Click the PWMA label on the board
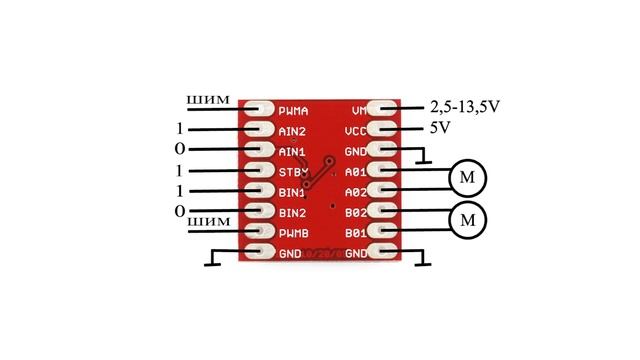coord(293,110)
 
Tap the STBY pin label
coord(292,171)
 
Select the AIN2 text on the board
coord(292,131)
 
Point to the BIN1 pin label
coord(292,192)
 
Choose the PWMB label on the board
coord(292,233)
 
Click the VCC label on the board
coord(355,131)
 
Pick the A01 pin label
coord(355,172)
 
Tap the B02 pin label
coord(355,213)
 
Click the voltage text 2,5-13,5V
coord(464,107)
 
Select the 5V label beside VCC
coord(440,129)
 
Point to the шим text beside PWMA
coord(209,100)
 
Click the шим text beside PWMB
coord(209,221)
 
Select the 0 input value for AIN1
coord(180,150)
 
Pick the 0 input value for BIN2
coord(180,211)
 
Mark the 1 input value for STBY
coord(180,171)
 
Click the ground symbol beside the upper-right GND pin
coord(424,158)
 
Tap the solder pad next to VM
coord(384,109)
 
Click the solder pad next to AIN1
coord(258,151)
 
